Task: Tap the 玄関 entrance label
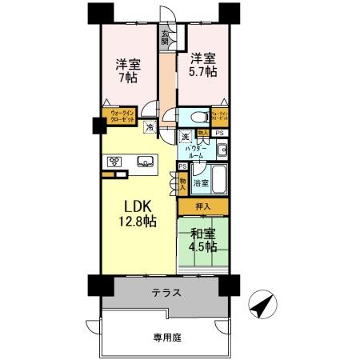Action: pyautogui.click(x=166, y=38)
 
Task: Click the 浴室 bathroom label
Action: pyautogui.click(x=200, y=183)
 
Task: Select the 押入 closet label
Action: pyautogui.click(x=203, y=207)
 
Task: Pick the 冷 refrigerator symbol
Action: pyautogui.click(x=150, y=126)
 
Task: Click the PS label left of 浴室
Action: pyautogui.click(x=182, y=166)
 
